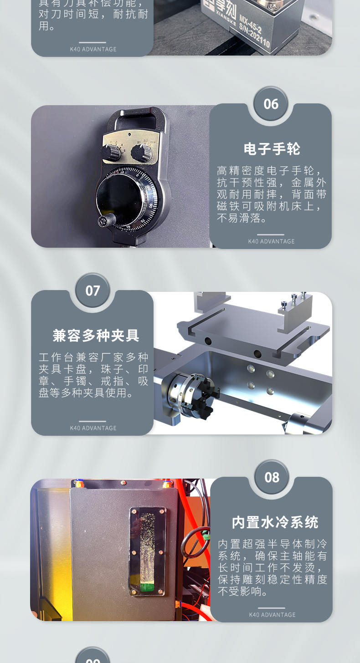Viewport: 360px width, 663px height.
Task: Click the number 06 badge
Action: (x=271, y=104)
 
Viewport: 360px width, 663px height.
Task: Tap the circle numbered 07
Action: (x=93, y=291)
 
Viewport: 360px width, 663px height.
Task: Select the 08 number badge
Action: (x=272, y=478)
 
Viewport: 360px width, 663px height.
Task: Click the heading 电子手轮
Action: (x=272, y=149)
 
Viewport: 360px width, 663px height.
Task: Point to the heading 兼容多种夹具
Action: (x=96, y=336)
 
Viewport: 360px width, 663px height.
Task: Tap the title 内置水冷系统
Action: (x=275, y=522)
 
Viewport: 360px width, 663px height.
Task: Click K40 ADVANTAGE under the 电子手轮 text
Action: (x=271, y=241)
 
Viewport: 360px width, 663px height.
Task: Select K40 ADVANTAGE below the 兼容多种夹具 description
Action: (x=93, y=428)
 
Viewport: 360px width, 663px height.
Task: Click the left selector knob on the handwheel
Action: (x=112, y=152)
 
